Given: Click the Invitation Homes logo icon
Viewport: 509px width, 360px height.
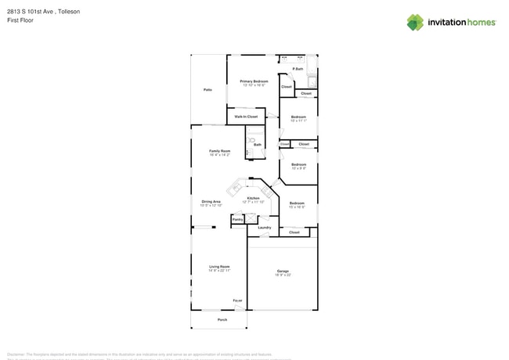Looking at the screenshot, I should point(415,23).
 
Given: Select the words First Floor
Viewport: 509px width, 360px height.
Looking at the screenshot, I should point(19,20).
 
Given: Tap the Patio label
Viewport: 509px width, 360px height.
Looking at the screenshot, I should point(208,90).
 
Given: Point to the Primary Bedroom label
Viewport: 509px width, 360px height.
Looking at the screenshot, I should point(254,81).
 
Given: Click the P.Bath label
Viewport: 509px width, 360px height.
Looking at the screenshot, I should point(298,69).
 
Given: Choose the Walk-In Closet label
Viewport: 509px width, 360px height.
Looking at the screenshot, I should point(246,117).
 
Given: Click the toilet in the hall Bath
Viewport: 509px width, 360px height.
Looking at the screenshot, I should point(252,140).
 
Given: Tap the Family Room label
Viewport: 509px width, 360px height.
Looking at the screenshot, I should point(219,150).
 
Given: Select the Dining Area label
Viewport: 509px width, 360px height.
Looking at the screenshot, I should point(211,201).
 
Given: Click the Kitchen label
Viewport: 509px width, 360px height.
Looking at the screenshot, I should point(253,198).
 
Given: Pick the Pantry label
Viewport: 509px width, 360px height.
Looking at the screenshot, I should point(237,220).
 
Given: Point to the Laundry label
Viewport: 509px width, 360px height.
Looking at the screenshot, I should point(264,228).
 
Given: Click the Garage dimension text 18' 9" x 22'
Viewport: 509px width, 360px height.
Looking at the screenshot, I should point(283,275).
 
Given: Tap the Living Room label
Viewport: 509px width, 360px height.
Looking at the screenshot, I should point(219,267).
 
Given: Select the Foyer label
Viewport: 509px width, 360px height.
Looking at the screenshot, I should point(237,301).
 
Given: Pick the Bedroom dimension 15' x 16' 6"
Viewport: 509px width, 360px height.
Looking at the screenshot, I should point(297,207).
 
